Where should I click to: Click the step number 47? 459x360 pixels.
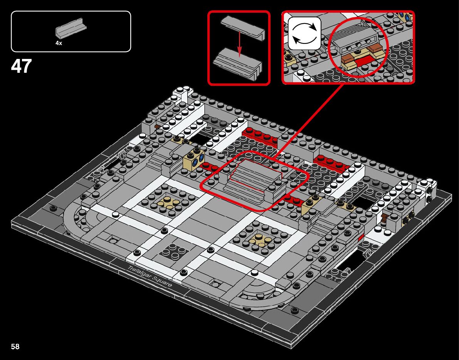21,66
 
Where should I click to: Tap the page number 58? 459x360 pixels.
15,347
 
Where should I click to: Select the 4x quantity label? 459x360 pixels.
59,44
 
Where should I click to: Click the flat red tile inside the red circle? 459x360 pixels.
363,60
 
